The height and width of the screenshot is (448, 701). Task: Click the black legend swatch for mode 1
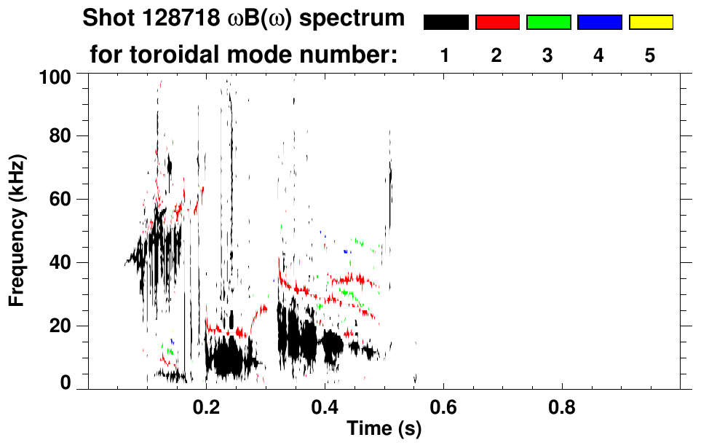445,23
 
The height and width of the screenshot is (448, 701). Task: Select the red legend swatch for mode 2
497,23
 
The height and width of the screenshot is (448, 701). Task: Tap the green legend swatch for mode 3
548,23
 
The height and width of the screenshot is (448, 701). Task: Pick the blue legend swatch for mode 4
599,23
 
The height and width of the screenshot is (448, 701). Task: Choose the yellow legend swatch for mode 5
651,23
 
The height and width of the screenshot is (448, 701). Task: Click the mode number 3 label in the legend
548,55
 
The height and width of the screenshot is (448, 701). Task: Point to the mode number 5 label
651,55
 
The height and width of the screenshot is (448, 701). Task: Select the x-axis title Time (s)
383,429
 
